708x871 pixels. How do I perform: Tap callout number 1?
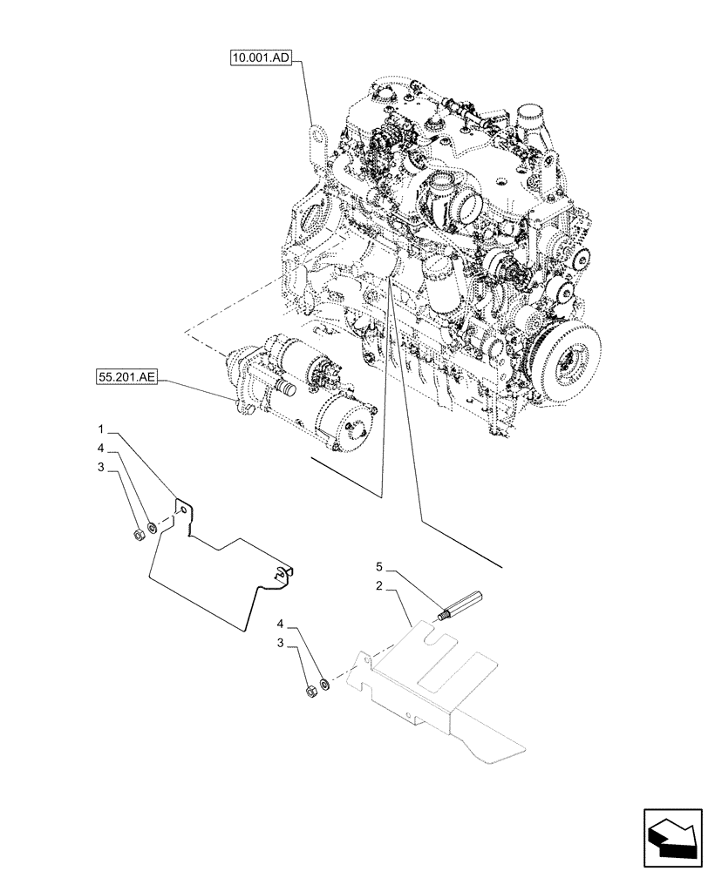[101, 429]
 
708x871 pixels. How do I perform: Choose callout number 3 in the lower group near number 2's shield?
[281, 643]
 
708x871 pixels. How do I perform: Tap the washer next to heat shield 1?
[153, 526]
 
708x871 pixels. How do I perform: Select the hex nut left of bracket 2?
[310, 692]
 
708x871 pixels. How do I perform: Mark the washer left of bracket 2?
[324, 684]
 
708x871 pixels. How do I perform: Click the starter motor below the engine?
[305, 392]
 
